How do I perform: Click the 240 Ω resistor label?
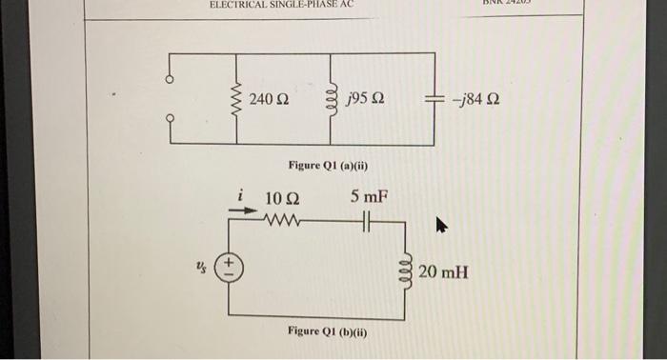coord(270,99)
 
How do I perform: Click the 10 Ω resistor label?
coord(281,199)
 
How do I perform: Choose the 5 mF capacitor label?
coord(368,198)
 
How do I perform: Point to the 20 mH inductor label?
coord(443,272)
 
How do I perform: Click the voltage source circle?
coord(229,268)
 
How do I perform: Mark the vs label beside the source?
coord(201,268)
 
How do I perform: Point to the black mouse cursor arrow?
coord(441,227)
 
